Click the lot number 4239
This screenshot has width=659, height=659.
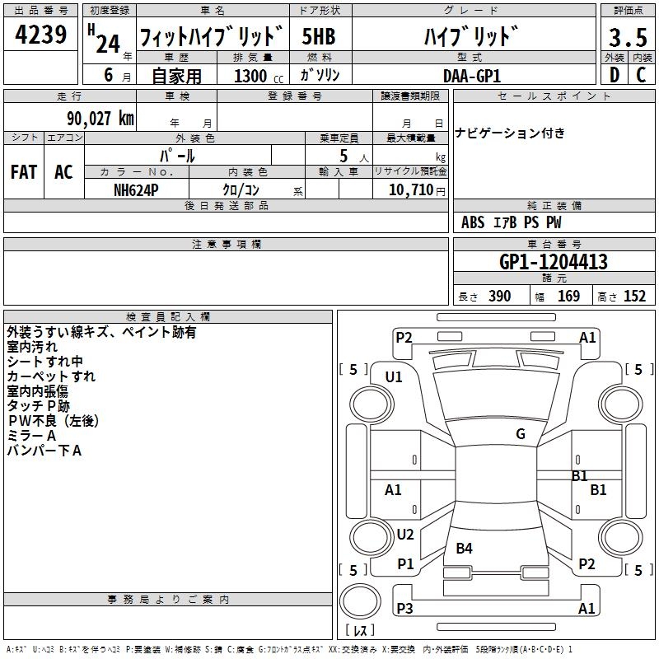coord(41,36)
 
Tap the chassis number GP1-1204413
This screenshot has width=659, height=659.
coord(554,262)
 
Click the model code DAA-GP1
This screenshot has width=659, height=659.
coord(472,75)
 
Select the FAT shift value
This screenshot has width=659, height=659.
coord(24,172)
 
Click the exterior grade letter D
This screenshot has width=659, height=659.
coord(613,75)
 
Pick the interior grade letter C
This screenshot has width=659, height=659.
coord(640,75)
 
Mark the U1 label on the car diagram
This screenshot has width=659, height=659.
coord(394,377)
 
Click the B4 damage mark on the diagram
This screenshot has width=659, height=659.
coord(464,549)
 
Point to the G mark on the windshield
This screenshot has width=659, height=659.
coord(521,434)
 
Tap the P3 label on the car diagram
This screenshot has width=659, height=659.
coord(404,609)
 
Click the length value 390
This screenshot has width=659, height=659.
coord(499,297)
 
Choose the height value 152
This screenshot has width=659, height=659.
coord(634,297)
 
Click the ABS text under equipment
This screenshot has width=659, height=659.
coord(473,222)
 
